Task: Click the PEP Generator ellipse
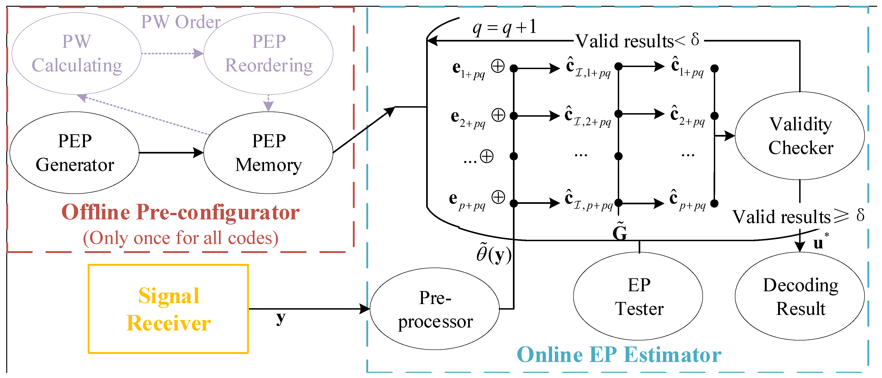point(75,153)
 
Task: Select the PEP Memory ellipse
point(268,153)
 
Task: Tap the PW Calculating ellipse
point(77,53)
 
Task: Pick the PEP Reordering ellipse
point(268,53)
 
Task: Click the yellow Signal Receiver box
point(168,309)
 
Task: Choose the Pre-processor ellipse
point(435,309)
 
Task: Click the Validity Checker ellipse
point(800,136)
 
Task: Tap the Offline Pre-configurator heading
point(180,212)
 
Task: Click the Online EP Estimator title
point(619,355)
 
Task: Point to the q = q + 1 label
point(504,27)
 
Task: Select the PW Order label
point(180,22)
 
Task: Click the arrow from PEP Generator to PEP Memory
point(171,153)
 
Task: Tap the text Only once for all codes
point(180,238)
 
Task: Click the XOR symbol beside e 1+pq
point(498,66)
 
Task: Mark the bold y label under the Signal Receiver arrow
point(281,318)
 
